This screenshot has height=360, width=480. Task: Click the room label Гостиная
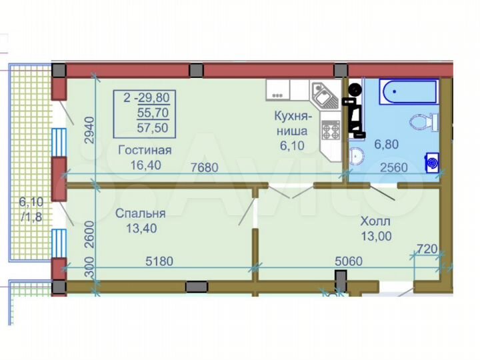coord(145,149)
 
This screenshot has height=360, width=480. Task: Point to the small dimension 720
coord(427,249)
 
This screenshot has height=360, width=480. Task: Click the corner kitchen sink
coord(325,97)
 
